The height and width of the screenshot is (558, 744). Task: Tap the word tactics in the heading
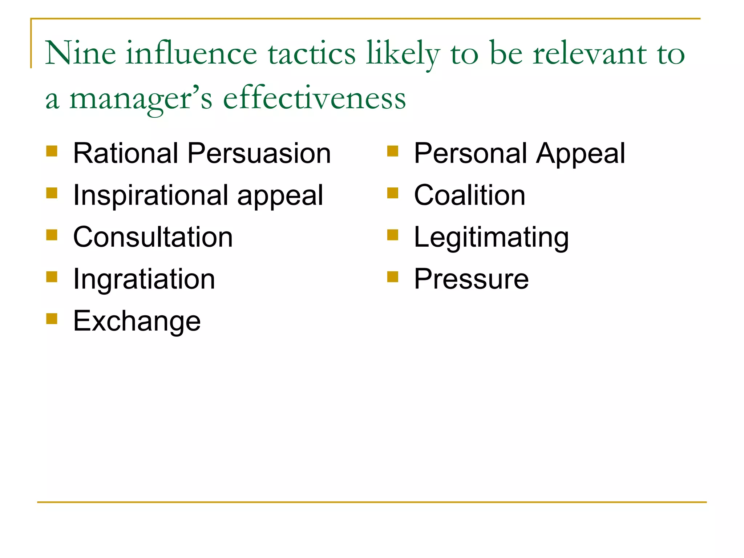[x=312, y=54]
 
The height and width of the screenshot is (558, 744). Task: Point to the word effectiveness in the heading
[x=314, y=98]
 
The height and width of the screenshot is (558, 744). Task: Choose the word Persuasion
[x=259, y=153]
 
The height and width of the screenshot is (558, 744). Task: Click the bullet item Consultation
[x=153, y=237]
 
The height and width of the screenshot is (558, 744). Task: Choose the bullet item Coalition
[x=470, y=195]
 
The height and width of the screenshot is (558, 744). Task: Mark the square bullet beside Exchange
[x=52, y=319]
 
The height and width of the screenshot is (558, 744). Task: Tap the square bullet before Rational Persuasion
[x=52, y=151]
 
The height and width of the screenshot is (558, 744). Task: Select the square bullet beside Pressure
[x=393, y=277]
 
